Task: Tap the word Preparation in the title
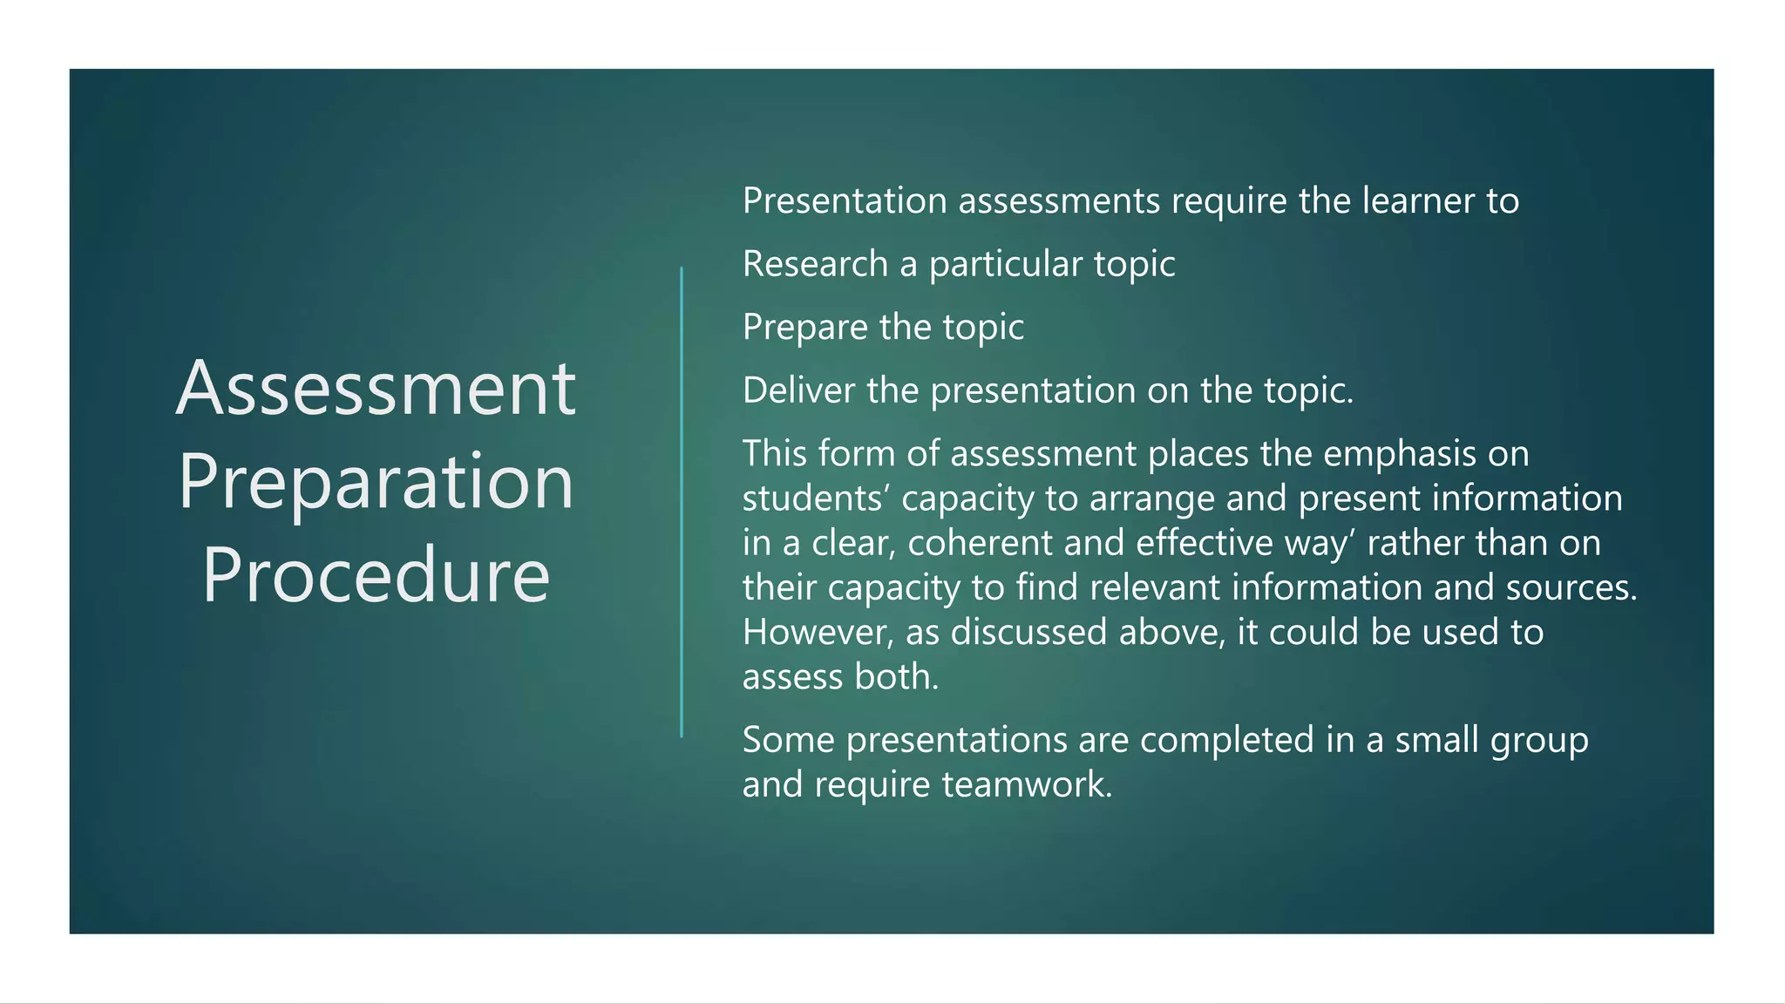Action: [x=376, y=482]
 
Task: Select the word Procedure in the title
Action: [x=376, y=575]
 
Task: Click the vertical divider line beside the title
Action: [x=682, y=502]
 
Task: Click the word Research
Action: [x=815, y=264]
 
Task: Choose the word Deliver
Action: [x=798, y=390]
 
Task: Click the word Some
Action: [x=788, y=740]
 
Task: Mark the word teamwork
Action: [x=1026, y=784]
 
